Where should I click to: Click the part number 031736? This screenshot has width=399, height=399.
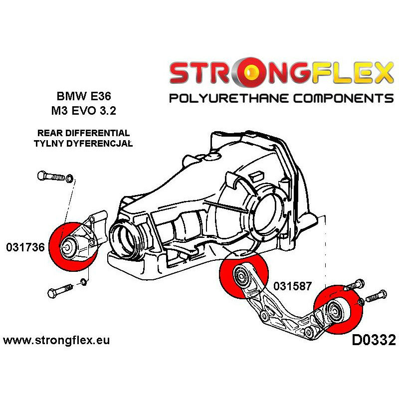tap(24, 247)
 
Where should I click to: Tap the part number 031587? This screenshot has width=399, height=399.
tap(293, 286)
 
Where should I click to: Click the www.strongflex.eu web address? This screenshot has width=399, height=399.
tap(56, 341)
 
